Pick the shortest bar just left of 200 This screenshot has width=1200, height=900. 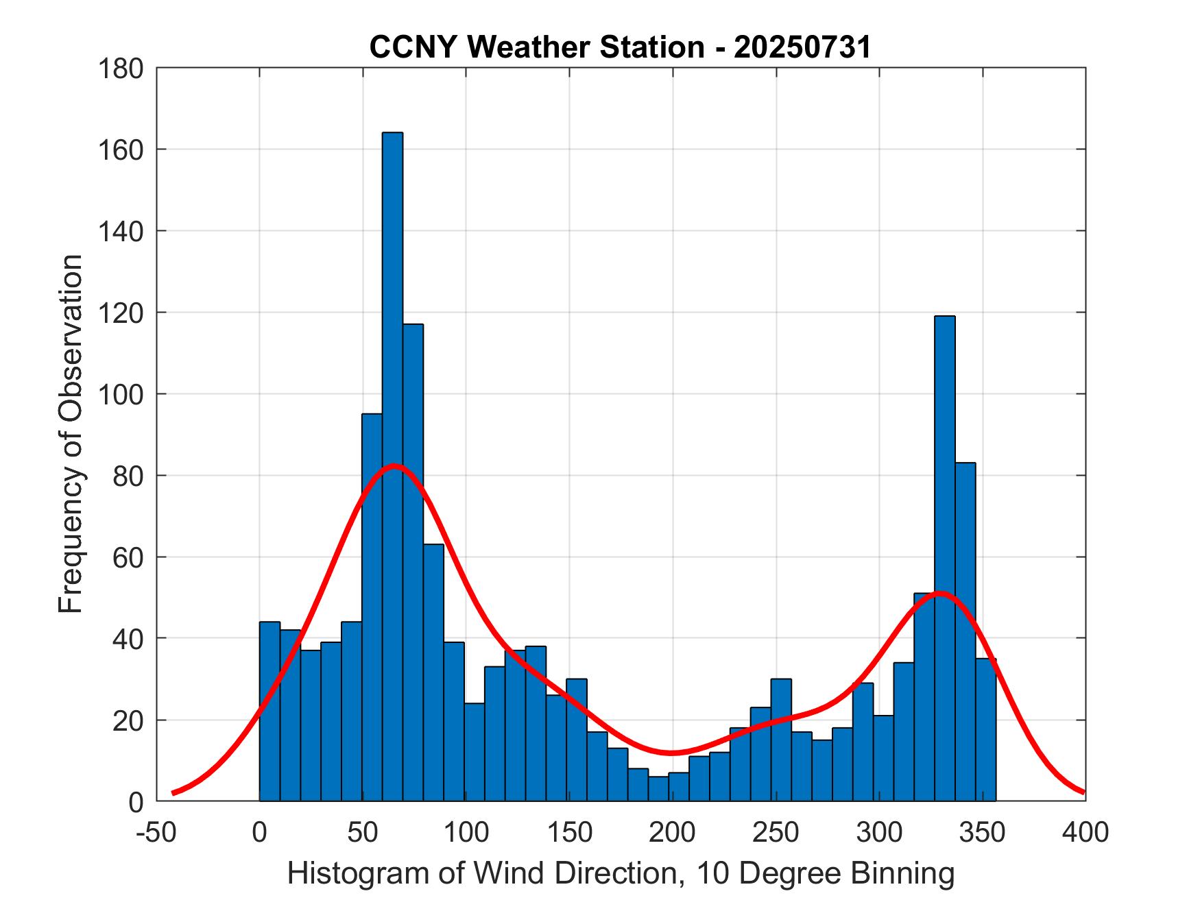[658, 788]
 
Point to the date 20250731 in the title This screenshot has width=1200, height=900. [802, 47]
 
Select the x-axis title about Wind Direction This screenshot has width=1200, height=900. [621, 874]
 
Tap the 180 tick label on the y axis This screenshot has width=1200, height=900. [121, 69]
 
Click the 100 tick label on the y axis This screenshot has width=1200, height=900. [121, 395]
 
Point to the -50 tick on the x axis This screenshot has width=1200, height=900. [157, 832]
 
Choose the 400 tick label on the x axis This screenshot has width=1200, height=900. [1085, 832]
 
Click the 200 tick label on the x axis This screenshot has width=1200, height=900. [672, 832]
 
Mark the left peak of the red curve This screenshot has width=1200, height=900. [394, 467]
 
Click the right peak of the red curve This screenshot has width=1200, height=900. [939, 594]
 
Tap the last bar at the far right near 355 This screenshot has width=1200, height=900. [985, 729]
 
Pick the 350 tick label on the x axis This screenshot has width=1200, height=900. [981, 832]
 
